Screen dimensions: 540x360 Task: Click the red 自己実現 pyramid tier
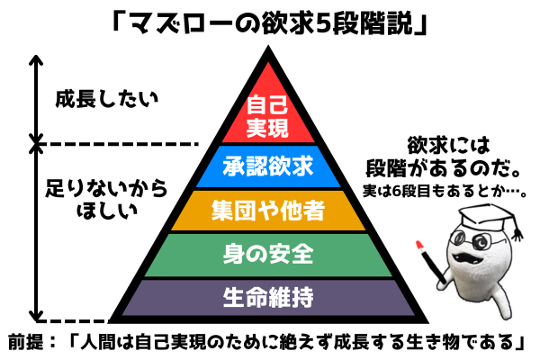click(x=268, y=113)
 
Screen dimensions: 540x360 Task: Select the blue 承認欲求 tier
click(x=268, y=166)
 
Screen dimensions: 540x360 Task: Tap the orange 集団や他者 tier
click(x=268, y=211)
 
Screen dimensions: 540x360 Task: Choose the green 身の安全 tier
click(x=268, y=255)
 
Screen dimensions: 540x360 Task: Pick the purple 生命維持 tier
click(x=268, y=297)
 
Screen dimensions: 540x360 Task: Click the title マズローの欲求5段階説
click(x=269, y=23)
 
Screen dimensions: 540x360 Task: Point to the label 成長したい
click(x=107, y=99)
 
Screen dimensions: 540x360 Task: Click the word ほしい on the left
click(x=107, y=210)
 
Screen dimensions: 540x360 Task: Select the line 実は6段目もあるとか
click(x=445, y=191)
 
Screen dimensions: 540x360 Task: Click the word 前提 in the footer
click(x=26, y=342)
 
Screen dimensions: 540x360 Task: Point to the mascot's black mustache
click(x=464, y=257)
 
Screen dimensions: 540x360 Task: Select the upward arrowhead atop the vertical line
click(x=36, y=59)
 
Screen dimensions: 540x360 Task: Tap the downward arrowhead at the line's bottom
click(x=36, y=315)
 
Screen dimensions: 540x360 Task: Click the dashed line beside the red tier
click(x=117, y=144)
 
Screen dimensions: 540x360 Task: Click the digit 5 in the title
click(x=323, y=23)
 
